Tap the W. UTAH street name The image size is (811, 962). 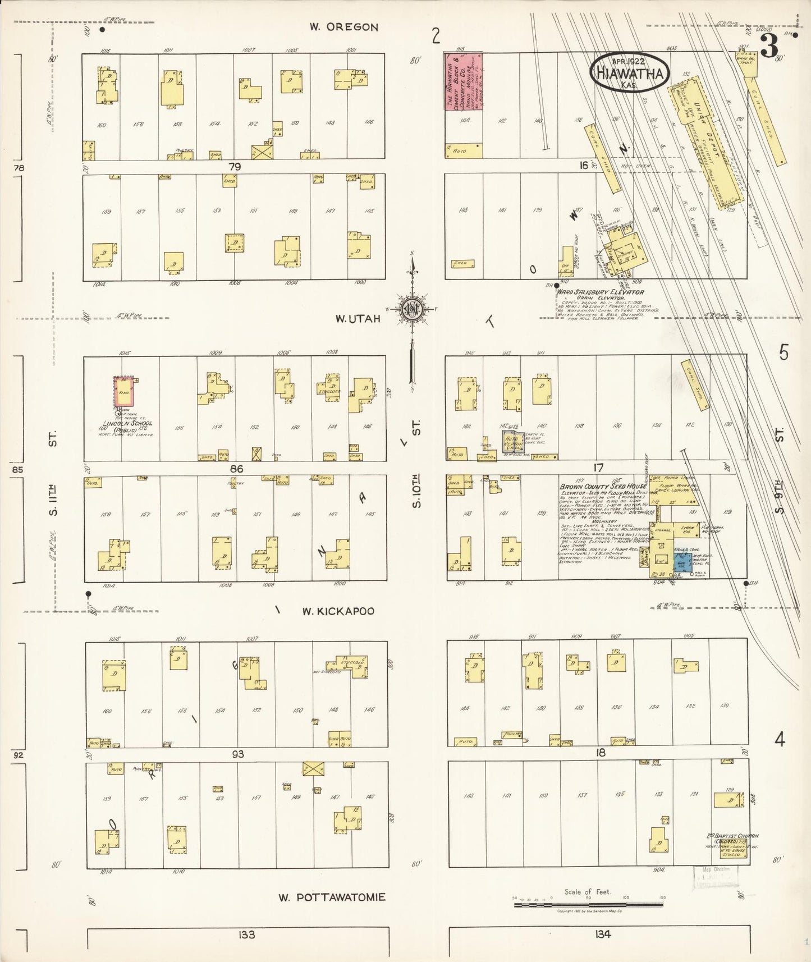click(x=358, y=319)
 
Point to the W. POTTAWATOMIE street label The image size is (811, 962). click(x=332, y=897)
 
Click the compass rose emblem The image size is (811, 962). click(x=413, y=309)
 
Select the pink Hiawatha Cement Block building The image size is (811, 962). click(x=464, y=82)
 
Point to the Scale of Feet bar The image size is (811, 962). click(x=589, y=904)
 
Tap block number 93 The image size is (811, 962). click(x=238, y=754)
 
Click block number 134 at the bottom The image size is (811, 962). click(x=599, y=934)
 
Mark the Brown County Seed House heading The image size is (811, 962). click(x=602, y=487)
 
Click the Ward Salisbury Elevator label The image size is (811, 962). click(x=599, y=292)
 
